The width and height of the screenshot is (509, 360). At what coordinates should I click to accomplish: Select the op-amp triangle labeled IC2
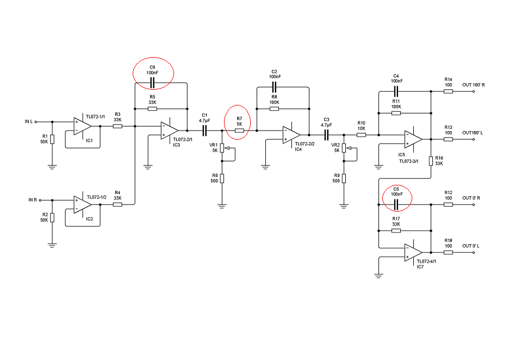(83, 204)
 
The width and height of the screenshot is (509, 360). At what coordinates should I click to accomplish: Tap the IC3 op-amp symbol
(170, 131)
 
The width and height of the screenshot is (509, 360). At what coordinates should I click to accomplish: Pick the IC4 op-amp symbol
(291, 135)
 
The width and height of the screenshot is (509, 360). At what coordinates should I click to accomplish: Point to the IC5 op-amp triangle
(413, 139)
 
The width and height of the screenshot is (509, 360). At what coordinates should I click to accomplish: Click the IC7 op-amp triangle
(413, 252)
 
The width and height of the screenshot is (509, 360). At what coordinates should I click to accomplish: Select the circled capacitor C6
(152, 83)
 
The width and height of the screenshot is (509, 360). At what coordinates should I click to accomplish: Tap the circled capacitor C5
(396, 204)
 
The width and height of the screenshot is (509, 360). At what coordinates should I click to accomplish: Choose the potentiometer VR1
(222, 150)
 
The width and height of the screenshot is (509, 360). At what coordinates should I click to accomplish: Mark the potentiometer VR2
(344, 150)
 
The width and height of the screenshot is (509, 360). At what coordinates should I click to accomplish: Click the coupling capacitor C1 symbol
(205, 131)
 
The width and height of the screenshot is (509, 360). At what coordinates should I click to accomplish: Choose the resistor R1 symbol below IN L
(52, 139)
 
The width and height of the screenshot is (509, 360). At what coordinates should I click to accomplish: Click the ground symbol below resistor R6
(222, 206)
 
